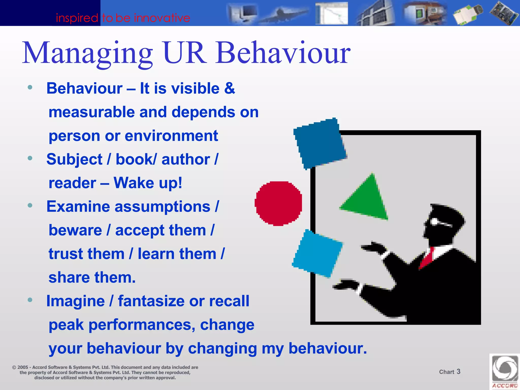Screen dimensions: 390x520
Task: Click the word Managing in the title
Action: point(88,53)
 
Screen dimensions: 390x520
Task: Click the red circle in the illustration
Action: point(279,203)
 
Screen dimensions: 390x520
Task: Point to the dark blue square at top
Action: point(320,144)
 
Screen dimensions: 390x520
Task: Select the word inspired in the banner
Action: point(77,18)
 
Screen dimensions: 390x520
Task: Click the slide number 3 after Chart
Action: point(458,371)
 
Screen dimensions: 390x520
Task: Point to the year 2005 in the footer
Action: point(23,367)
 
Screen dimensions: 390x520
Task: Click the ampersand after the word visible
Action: point(230,88)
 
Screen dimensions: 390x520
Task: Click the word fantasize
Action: point(151,301)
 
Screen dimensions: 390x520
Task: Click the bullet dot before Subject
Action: point(30,158)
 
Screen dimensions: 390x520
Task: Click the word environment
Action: point(171,136)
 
